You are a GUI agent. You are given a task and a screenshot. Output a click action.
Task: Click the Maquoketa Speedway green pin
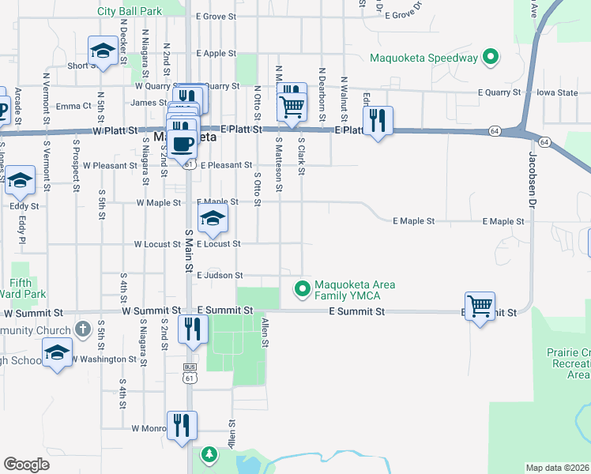pos(491,57)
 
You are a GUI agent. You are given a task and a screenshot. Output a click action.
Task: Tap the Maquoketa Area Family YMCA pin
pos(301,289)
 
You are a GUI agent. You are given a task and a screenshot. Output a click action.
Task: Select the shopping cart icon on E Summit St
pos(480,305)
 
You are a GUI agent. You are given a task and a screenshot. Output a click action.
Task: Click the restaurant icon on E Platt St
pos(378,120)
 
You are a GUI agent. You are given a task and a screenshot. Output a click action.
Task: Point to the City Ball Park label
pos(130,12)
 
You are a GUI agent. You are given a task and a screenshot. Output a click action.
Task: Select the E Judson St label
pos(220,275)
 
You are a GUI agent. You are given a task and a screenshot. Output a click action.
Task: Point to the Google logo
pos(26,465)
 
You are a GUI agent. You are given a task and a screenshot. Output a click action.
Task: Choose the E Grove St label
pos(216,16)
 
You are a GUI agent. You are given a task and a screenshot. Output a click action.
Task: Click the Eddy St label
pos(24,205)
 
